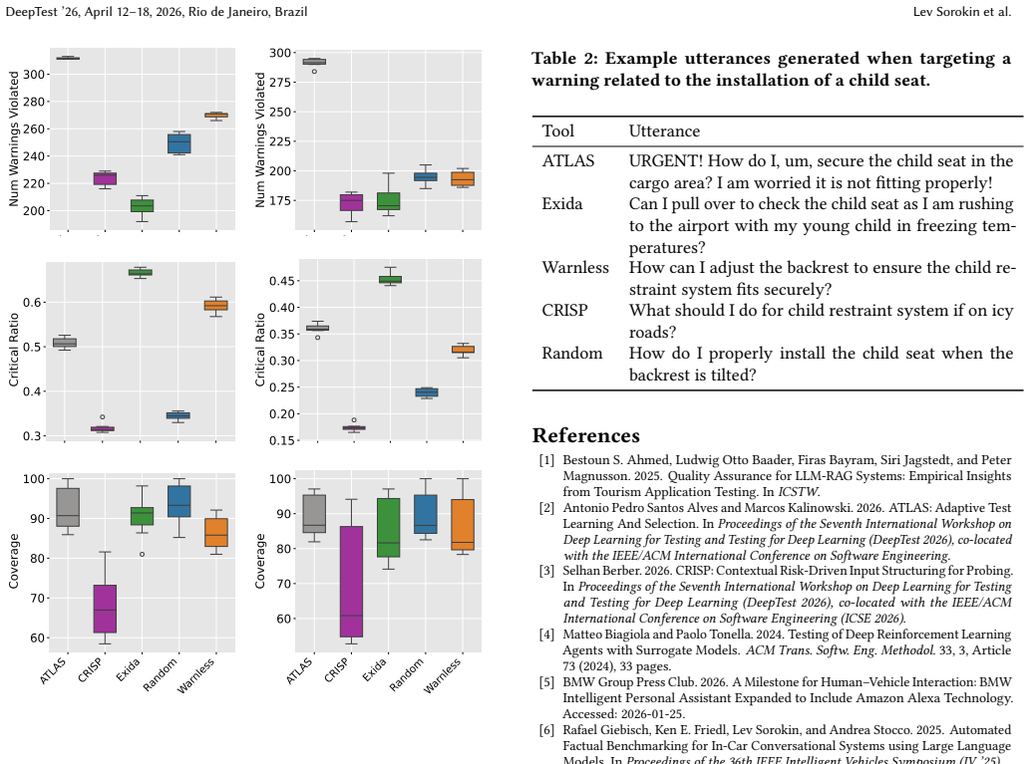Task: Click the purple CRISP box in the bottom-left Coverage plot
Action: pyautogui.click(x=105, y=609)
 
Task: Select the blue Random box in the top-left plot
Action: pyautogui.click(x=179, y=143)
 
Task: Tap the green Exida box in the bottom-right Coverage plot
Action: pyautogui.click(x=388, y=528)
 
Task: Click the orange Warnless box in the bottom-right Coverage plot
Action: pyautogui.click(x=463, y=524)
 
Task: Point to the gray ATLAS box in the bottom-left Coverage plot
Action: pyautogui.click(x=68, y=507)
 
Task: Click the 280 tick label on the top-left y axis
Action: pyautogui.click(x=34, y=102)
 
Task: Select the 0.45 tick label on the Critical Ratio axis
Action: pyautogui.click(x=282, y=281)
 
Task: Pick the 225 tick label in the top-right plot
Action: pyautogui.click(x=280, y=141)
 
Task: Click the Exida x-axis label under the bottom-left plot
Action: pyautogui.click(x=128, y=669)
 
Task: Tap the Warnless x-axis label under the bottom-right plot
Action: pyautogui.click(x=442, y=675)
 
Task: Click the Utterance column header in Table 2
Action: pyautogui.click(x=664, y=131)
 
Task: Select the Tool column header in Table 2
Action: pyautogui.click(x=557, y=131)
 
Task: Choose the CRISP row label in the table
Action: pyautogui.click(x=564, y=310)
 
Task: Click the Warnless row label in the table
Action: pyautogui.click(x=574, y=267)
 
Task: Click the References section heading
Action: pyautogui.click(x=586, y=436)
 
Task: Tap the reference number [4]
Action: pyautogui.click(x=546, y=635)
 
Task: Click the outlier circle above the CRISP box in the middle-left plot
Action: pyautogui.click(x=103, y=416)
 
